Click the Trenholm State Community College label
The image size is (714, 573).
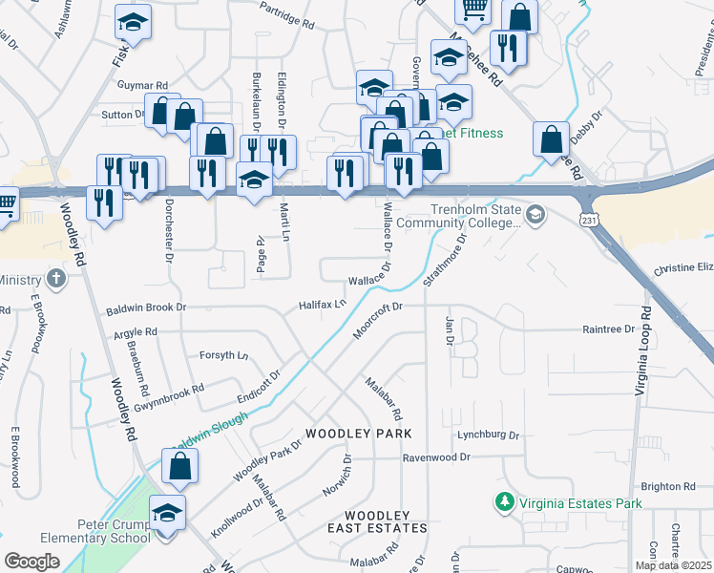(463, 217)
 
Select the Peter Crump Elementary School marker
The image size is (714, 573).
(167, 517)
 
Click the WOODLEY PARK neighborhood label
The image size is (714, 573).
(358, 434)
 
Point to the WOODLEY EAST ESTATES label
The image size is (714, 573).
(377, 521)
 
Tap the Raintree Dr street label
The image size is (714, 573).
(608, 329)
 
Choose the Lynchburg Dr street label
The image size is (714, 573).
(487, 435)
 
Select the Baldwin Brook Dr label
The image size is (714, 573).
(146, 308)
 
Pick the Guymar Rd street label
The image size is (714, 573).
(142, 85)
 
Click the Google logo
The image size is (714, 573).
(31, 561)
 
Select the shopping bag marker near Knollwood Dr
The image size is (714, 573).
(179, 468)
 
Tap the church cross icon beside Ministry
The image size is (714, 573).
(56, 280)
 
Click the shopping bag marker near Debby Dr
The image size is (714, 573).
(552, 139)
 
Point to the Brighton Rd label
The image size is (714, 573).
(668, 486)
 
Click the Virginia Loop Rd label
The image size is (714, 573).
(642, 351)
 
